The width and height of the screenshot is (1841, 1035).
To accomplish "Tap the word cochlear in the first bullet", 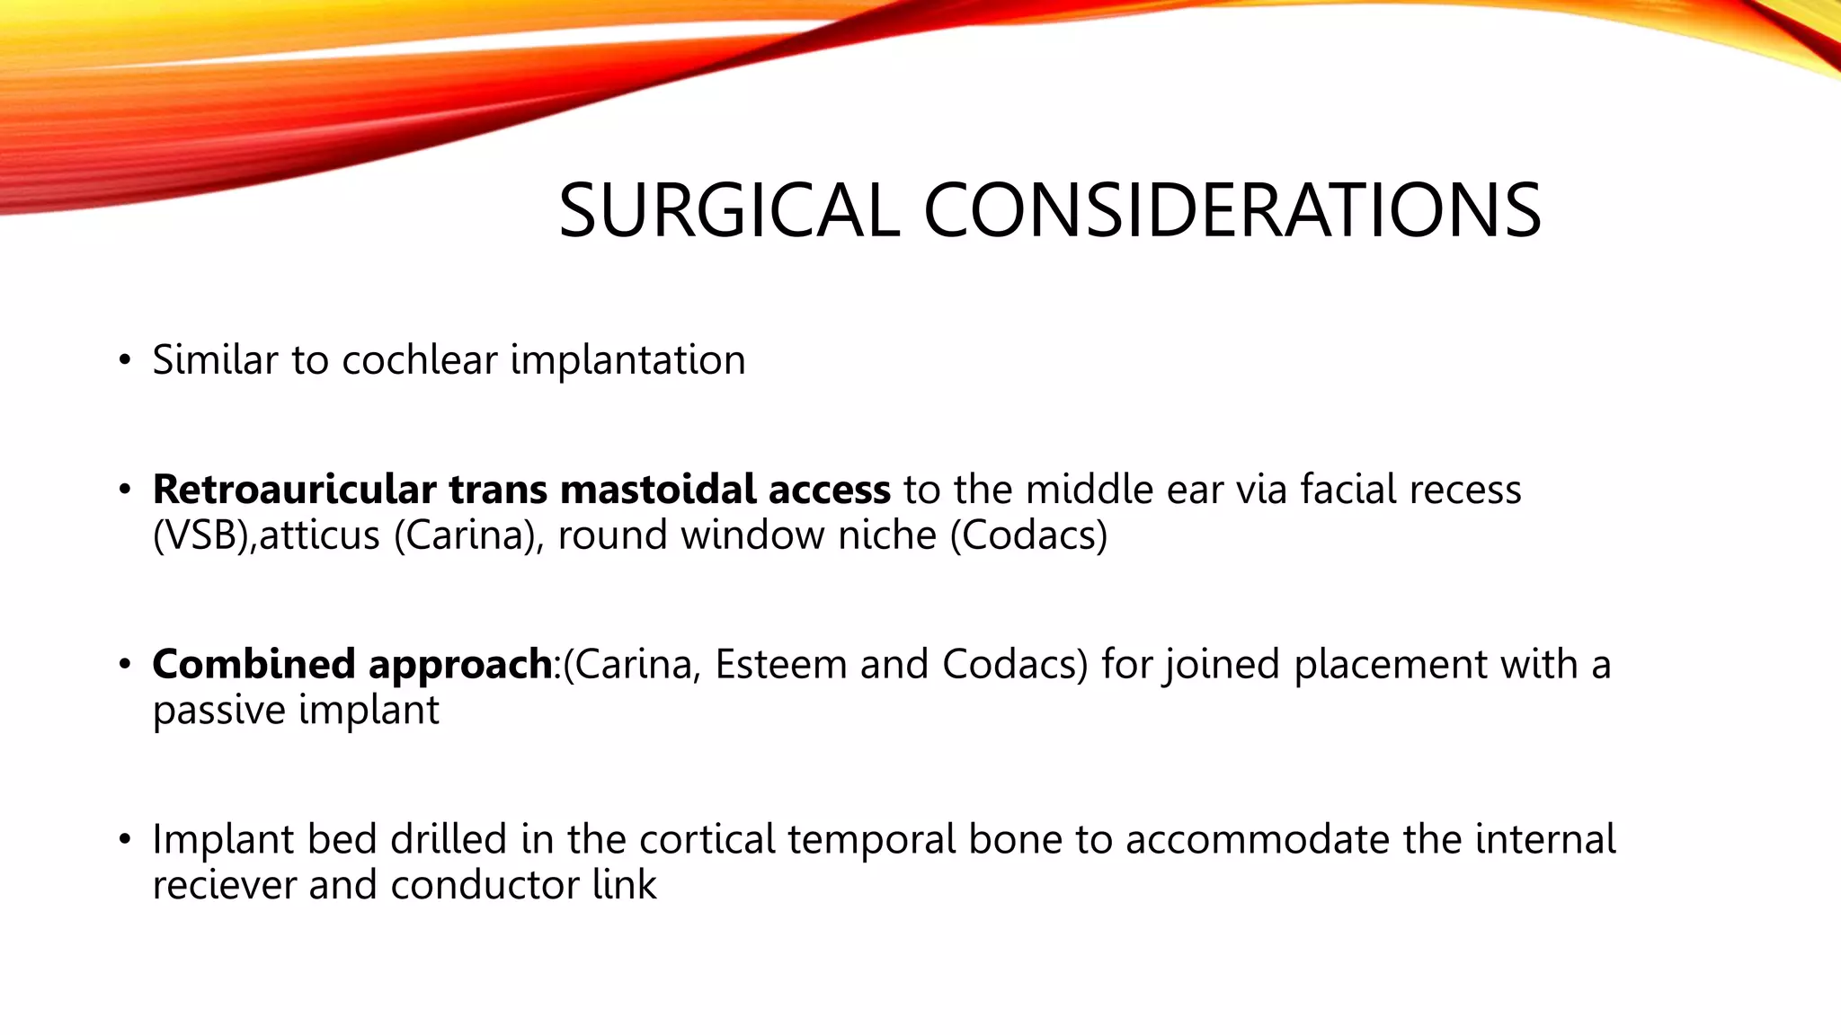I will (420, 360).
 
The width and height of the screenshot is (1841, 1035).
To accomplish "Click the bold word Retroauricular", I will (294, 490).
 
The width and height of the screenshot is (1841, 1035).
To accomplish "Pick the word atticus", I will (320, 535).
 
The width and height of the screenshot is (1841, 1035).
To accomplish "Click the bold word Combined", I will (253, 665).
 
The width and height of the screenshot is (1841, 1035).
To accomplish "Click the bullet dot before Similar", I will (125, 361).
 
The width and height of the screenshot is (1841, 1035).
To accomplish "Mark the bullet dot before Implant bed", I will (125, 841).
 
